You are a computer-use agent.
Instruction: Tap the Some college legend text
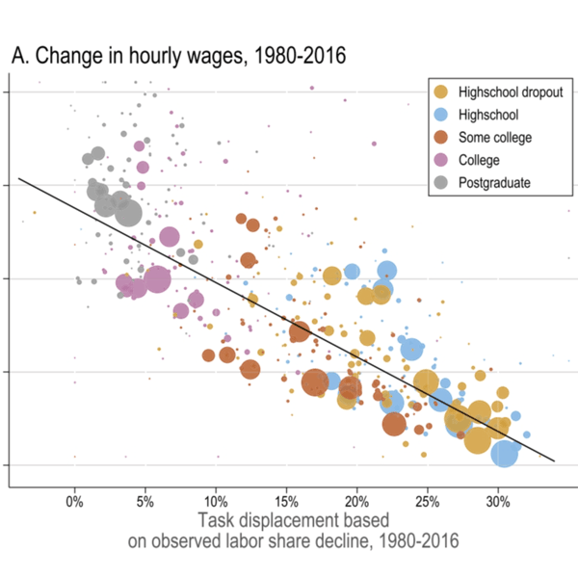pos(495,137)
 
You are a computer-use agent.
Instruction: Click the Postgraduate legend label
pos(496,181)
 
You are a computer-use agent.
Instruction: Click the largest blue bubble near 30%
pos(505,451)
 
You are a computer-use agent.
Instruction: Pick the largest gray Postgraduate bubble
pos(127,211)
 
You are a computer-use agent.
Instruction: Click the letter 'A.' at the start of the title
pos(20,58)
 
